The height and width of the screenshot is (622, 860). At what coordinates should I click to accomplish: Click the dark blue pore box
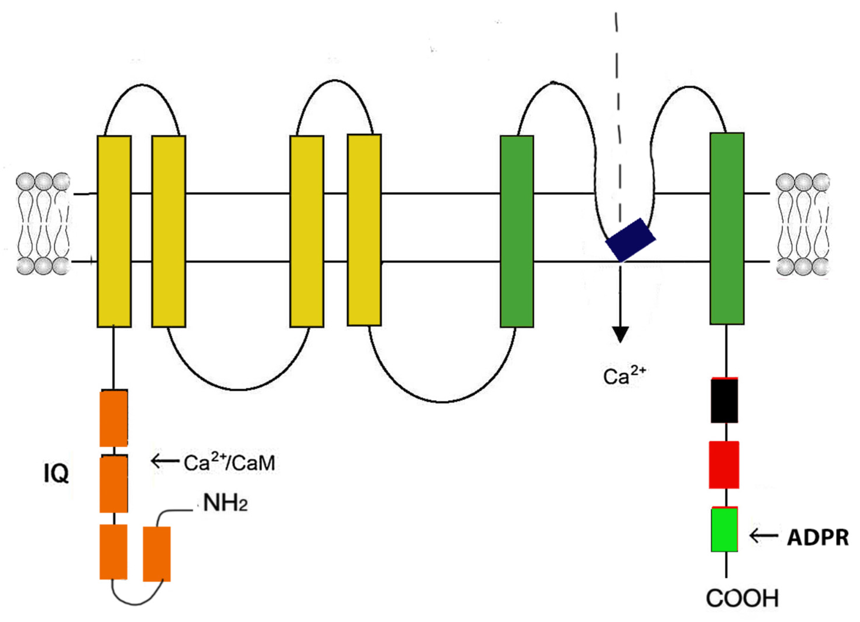click(630, 239)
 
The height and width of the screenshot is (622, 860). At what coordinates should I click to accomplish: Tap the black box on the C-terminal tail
click(724, 401)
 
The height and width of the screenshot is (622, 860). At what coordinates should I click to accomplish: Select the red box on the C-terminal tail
click(724, 465)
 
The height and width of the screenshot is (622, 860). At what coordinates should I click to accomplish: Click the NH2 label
click(225, 503)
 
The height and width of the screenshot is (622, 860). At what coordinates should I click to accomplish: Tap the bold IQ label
click(56, 474)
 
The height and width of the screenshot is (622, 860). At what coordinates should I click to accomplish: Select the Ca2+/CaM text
click(229, 463)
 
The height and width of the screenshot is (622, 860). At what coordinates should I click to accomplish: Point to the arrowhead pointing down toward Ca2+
click(620, 334)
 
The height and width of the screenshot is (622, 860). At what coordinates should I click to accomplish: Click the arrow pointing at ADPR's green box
click(764, 536)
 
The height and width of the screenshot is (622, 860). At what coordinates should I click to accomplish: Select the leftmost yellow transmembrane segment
click(114, 231)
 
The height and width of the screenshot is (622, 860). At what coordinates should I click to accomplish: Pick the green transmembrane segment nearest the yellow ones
click(517, 231)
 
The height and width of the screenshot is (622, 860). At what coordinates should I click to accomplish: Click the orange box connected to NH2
click(157, 554)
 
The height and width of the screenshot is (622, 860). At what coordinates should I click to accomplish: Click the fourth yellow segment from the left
click(364, 230)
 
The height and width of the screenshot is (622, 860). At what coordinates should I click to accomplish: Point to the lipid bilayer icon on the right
click(802, 224)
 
